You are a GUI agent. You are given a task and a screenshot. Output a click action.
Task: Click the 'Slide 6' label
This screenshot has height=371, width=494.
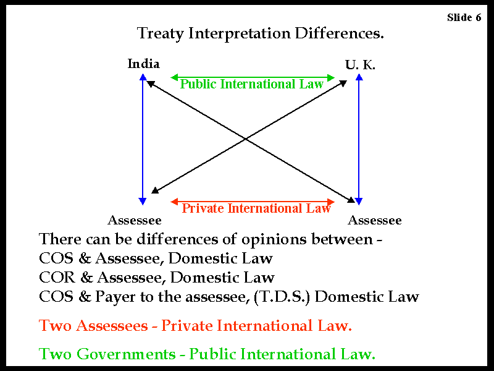[464, 17]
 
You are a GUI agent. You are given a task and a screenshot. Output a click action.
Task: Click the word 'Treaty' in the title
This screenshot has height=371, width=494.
[160, 33]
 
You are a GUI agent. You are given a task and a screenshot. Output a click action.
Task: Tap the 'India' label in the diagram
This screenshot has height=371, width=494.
[143, 64]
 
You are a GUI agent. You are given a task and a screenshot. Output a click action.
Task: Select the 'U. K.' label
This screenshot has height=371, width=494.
[360, 65]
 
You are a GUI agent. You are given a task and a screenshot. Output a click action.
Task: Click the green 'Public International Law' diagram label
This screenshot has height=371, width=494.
[252, 84]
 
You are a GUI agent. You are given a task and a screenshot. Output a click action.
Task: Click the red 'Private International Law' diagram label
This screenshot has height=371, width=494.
[256, 208]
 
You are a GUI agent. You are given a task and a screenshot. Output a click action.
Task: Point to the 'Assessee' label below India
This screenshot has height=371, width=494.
[135, 220]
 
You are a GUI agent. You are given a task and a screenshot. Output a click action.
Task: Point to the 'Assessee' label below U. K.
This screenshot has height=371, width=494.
[375, 220]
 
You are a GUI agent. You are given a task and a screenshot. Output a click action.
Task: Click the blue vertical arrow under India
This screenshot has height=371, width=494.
[143, 139]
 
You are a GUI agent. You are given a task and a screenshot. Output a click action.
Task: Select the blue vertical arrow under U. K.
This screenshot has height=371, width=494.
[359, 139]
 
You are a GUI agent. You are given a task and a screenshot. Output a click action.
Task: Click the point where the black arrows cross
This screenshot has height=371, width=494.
[246, 139]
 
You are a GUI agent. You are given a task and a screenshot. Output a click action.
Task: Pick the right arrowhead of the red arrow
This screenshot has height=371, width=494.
[331, 202]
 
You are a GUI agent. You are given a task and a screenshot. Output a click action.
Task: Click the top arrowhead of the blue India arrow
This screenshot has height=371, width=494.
[143, 77]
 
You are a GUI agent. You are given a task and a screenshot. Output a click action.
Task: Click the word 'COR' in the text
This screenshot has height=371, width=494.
[57, 277]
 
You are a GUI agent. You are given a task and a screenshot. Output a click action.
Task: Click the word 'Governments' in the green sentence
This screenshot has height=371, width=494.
[126, 354]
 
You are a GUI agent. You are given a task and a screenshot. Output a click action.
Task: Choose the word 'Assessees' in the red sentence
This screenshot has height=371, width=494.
[112, 326]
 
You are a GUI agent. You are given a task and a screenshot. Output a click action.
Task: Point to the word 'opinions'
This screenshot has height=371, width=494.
[274, 239]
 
